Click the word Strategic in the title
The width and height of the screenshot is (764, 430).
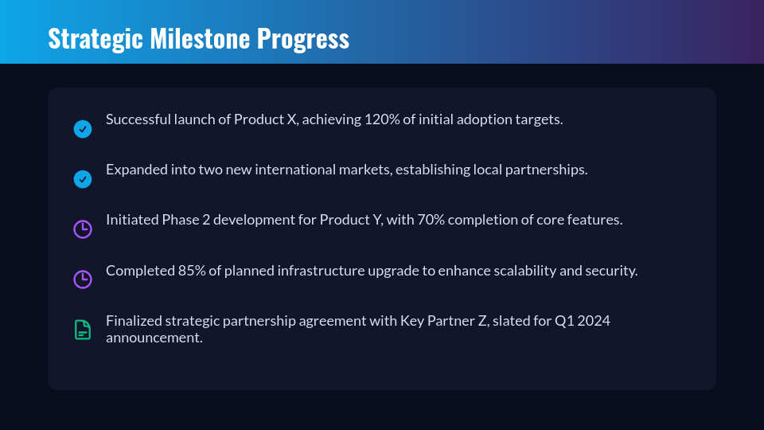click(95, 39)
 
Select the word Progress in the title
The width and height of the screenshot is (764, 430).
click(303, 39)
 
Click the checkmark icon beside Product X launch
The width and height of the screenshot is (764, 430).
click(83, 129)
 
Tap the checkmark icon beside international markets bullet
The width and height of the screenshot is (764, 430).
click(83, 179)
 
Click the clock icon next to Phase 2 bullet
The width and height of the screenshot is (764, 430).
click(83, 229)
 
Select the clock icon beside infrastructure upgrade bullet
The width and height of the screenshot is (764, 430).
click(83, 279)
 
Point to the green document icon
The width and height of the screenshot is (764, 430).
click(83, 330)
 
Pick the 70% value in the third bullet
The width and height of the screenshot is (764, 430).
click(431, 220)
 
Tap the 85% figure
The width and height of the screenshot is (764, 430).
click(192, 271)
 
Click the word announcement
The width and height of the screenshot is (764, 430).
click(154, 338)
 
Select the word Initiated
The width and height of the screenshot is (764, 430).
click(132, 220)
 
